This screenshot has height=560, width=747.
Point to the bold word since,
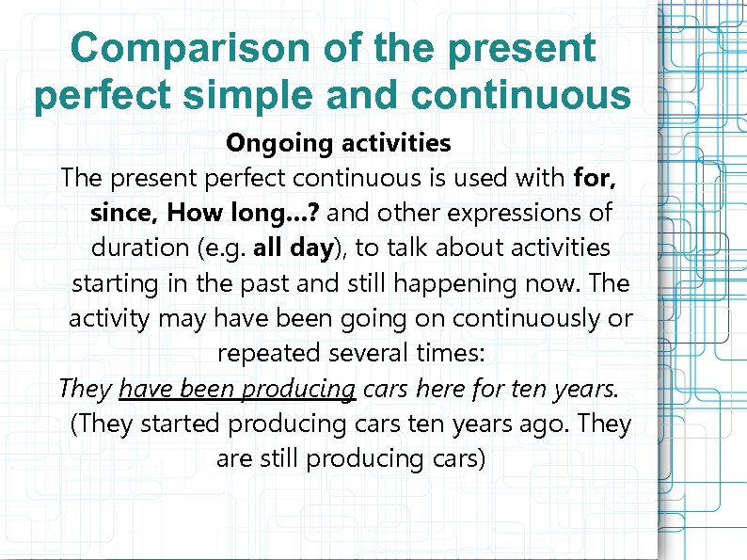pyautogui.click(x=125, y=213)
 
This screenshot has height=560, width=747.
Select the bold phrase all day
pyautogui.click(x=294, y=248)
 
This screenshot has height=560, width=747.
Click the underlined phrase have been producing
pyautogui.click(x=237, y=388)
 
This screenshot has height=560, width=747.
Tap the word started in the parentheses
pyautogui.click(x=179, y=424)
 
